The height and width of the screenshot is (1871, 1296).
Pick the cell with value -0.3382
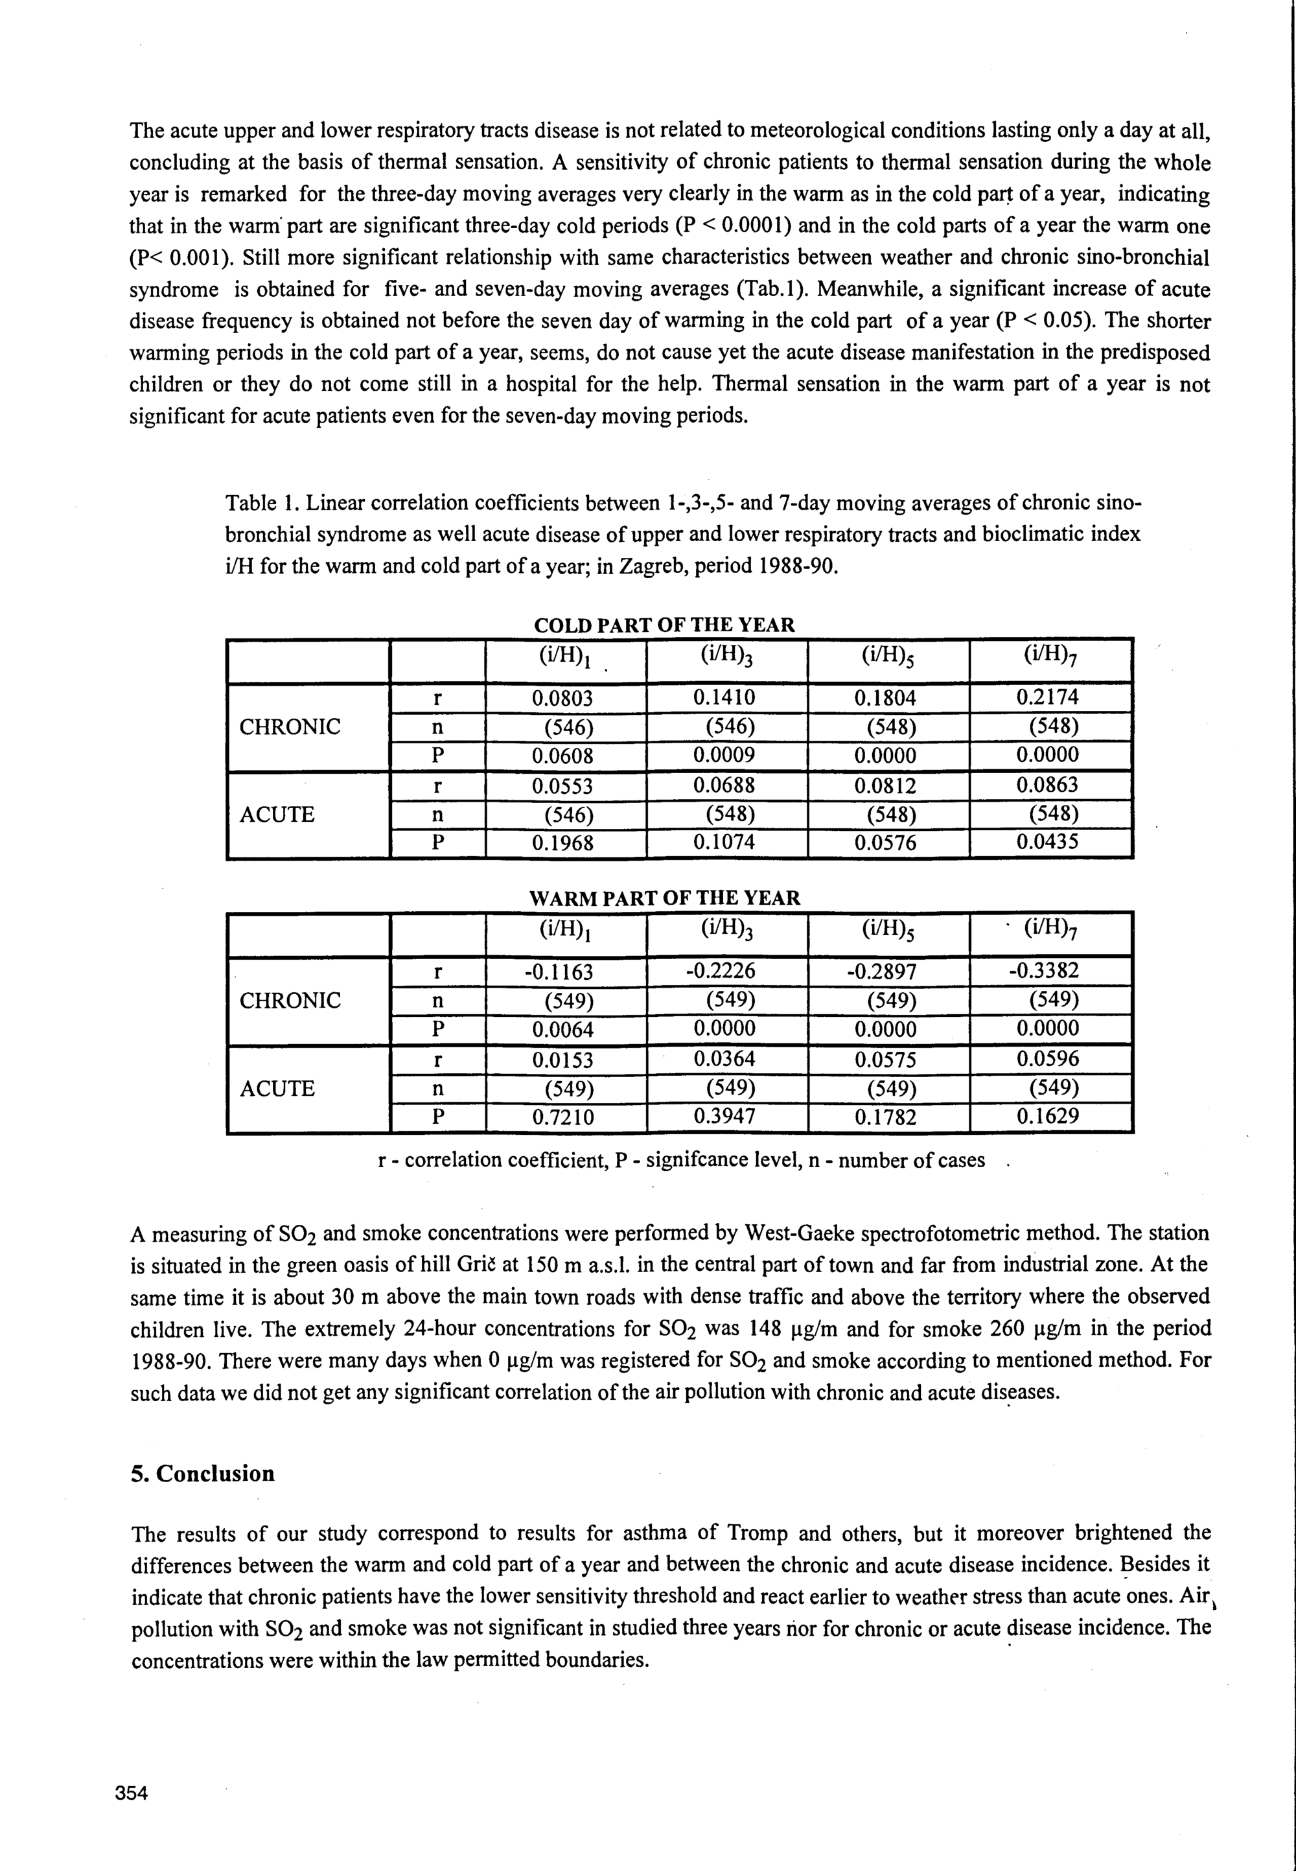pos(1048,971)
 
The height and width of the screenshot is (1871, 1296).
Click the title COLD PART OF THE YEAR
pos(664,625)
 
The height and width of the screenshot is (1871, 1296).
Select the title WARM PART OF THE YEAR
pos(664,898)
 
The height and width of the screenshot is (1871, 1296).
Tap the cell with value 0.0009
pos(724,755)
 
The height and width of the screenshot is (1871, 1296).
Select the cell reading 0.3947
pos(724,1117)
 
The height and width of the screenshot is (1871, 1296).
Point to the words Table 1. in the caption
pos(262,504)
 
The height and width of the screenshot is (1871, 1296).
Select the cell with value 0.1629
pos(1048,1117)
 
